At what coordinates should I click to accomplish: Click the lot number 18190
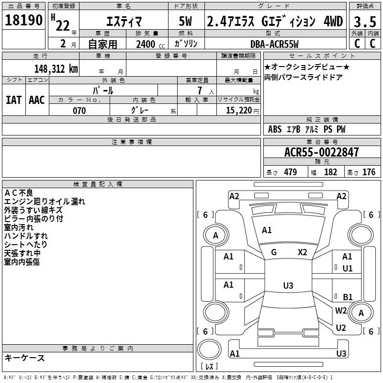pyautogui.click(x=23, y=20)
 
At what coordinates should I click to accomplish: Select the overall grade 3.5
pyautogui.click(x=365, y=22)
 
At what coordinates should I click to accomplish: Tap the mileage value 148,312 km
pyautogui.click(x=56, y=69)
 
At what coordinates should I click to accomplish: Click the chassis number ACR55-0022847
pyautogui.click(x=322, y=152)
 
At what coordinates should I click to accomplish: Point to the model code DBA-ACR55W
pyautogui.click(x=274, y=44)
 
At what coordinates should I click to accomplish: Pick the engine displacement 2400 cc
pyautogui.click(x=150, y=44)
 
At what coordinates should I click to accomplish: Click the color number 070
pyautogui.click(x=79, y=111)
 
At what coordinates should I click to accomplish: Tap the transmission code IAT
pyautogui.click(x=14, y=100)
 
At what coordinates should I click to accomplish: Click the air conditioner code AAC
pyautogui.click(x=37, y=100)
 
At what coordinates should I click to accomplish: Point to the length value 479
pyautogui.click(x=291, y=172)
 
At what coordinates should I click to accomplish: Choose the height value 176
pyautogui.click(x=369, y=172)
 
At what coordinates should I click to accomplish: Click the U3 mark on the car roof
pyautogui.click(x=288, y=285)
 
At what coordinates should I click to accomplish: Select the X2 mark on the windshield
pyautogui.click(x=303, y=252)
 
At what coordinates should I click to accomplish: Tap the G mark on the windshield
pyautogui.click(x=274, y=252)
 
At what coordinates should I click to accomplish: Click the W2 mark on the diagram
pyautogui.click(x=341, y=310)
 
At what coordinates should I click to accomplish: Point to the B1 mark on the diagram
pyautogui.click(x=348, y=297)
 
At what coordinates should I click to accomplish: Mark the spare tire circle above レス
pyautogui.click(x=209, y=349)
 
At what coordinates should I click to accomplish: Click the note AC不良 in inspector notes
pyautogui.click(x=19, y=193)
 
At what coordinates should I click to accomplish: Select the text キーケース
pyautogui.click(x=25, y=358)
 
